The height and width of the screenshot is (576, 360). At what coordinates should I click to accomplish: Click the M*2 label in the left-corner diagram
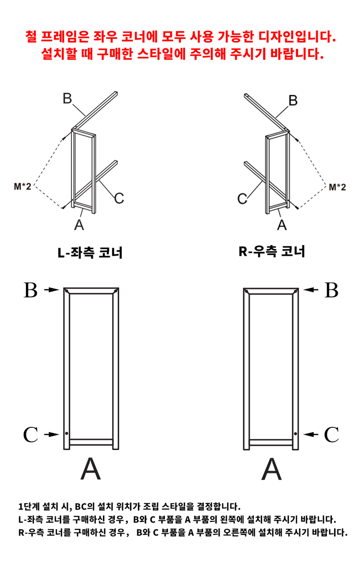pos(23,187)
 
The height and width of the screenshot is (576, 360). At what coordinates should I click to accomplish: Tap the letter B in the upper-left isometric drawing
pos(67,99)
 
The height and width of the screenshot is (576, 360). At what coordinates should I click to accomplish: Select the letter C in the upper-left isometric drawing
pos(119,198)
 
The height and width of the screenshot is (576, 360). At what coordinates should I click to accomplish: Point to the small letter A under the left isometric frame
pos(79,224)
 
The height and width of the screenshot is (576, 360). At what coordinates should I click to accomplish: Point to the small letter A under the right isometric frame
pos(282,225)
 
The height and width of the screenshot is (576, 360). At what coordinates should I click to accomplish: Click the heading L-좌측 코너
pos(90,253)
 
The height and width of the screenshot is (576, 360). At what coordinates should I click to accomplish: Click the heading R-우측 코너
pos(272,252)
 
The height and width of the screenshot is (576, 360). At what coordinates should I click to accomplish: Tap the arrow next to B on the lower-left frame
pos(52,290)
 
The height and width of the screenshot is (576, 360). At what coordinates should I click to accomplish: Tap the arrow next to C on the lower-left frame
pos(52,434)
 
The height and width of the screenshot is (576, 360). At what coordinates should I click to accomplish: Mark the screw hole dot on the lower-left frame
pos(67,434)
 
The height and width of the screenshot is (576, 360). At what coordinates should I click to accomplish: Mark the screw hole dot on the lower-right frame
pos(295,434)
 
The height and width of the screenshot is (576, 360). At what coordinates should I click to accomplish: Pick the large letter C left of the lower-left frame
pos(30,434)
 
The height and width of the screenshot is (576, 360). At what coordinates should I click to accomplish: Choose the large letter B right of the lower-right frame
pos(332,290)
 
